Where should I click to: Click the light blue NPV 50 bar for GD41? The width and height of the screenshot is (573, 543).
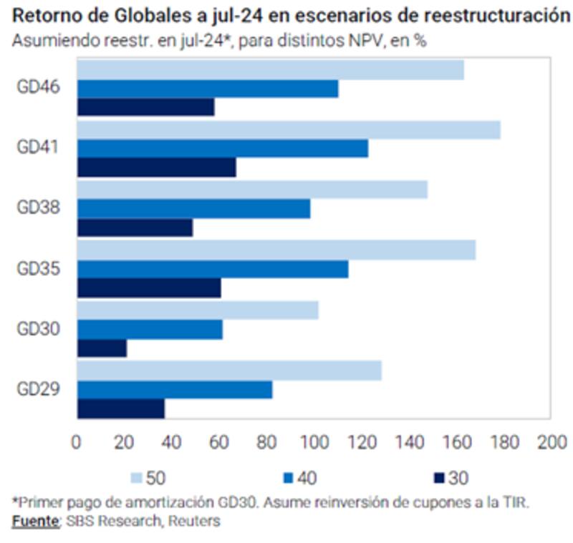(288, 130)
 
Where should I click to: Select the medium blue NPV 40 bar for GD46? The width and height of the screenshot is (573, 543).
(207, 89)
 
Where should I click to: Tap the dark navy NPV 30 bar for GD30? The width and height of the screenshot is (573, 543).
(102, 348)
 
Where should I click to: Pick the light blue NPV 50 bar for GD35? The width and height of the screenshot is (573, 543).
(276, 250)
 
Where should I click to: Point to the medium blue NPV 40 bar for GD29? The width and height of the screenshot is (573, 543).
(174, 389)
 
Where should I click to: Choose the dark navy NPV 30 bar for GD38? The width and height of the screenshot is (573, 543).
(135, 228)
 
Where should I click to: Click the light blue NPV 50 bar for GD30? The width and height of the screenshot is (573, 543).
(197, 310)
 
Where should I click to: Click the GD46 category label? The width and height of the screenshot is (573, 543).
(39, 87)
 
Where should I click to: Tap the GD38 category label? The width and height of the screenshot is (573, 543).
(39, 207)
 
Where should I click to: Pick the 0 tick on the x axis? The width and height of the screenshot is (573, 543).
(77, 441)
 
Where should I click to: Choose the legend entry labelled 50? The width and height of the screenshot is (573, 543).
(147, 476)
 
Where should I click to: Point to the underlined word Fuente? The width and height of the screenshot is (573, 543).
(34, 522)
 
